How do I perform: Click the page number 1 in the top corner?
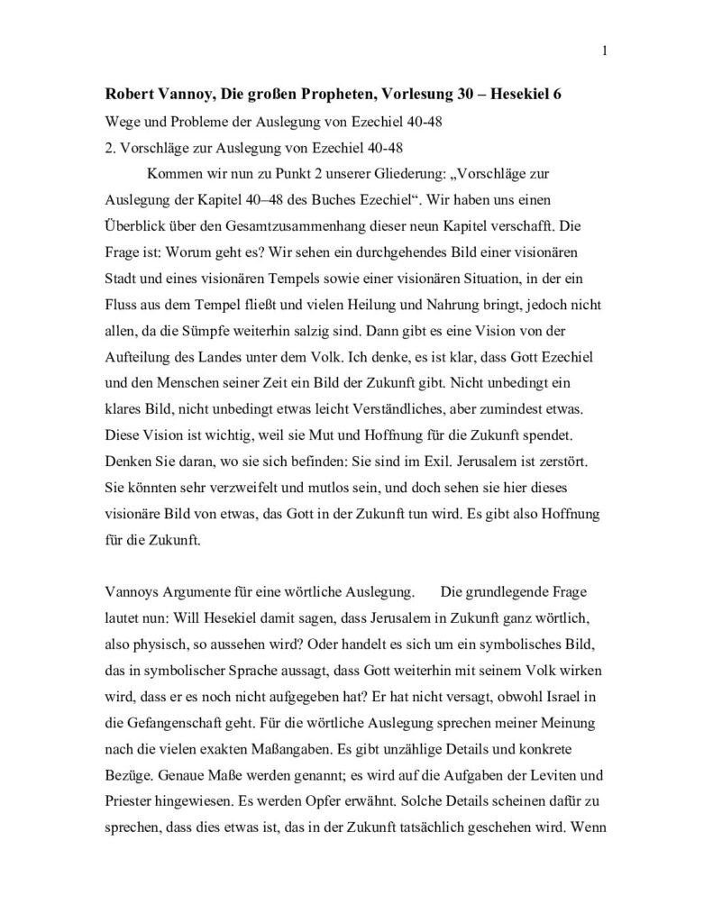603,50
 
